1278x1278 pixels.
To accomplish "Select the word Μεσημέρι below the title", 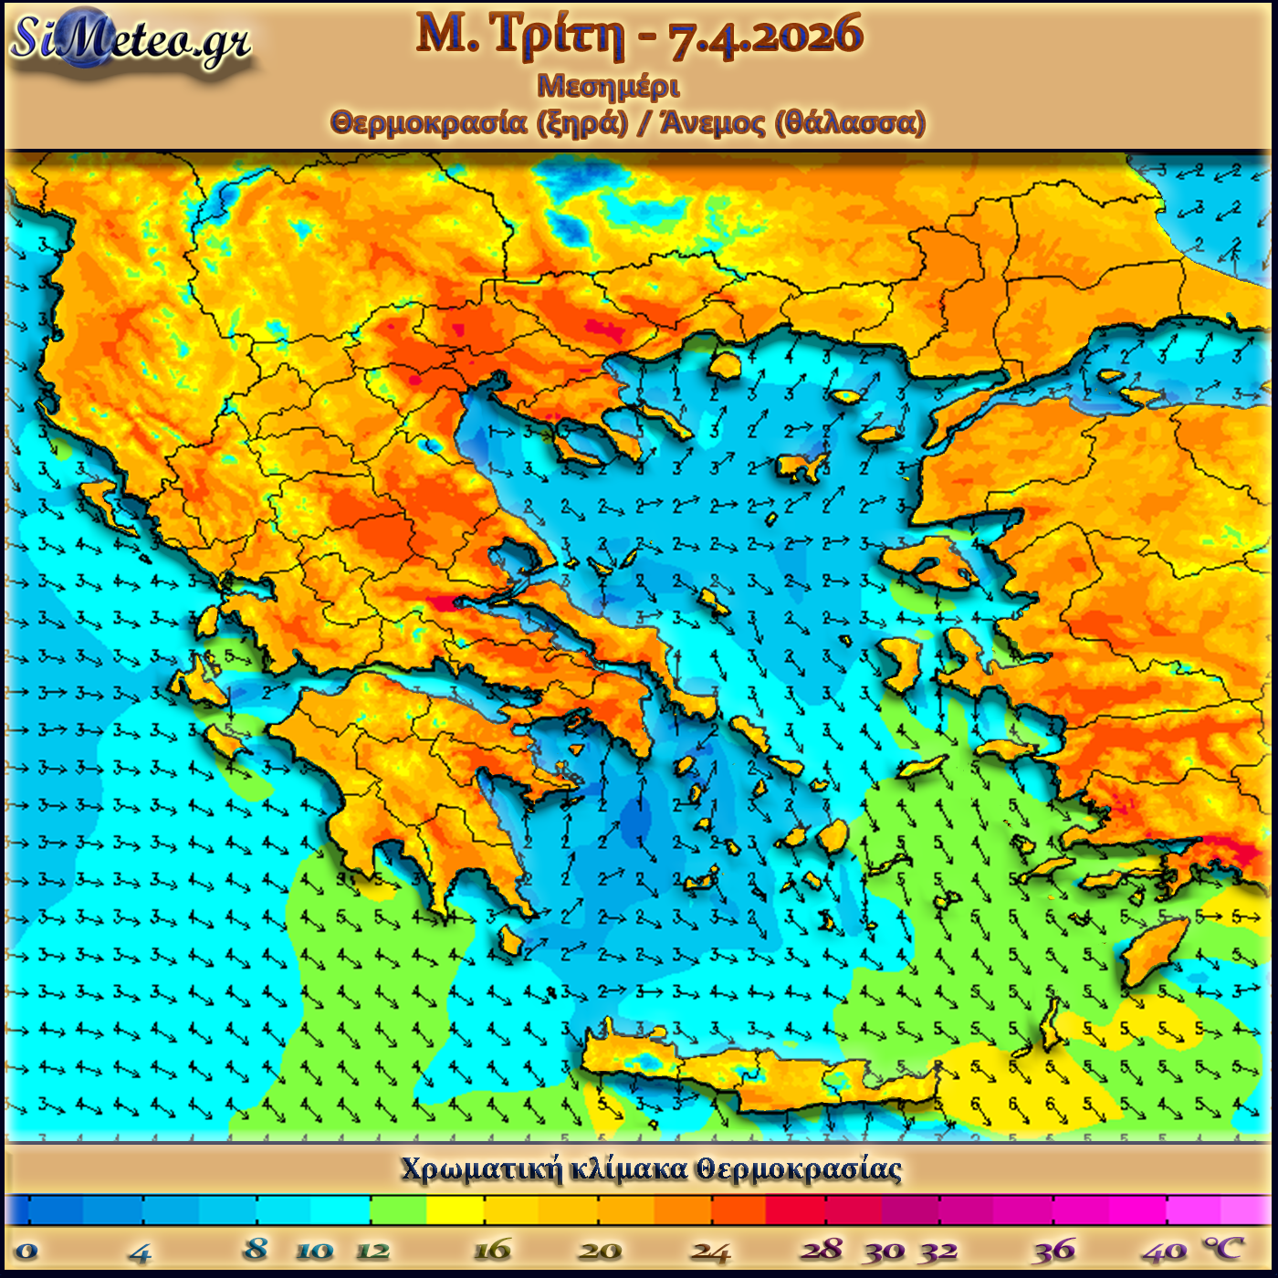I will [608, 87].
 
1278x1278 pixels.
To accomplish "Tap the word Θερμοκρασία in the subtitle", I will [429, 122].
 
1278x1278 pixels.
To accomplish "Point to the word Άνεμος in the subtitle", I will [712, 122].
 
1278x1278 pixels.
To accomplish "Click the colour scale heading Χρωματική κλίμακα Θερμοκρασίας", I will [651, 1169].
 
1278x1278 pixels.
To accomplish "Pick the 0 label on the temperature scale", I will [26, 1251].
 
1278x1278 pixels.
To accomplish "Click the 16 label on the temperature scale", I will [492, 1250].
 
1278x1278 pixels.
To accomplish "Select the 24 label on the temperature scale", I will [710, 1251].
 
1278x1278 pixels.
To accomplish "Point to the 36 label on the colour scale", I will [1054, 1250].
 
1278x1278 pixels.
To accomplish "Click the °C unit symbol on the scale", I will [1223, 1248].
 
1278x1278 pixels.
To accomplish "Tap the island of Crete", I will [776, 1077].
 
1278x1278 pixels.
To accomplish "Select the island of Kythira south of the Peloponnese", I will [509, 940].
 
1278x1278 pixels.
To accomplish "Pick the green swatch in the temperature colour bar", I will [398, 1210].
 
